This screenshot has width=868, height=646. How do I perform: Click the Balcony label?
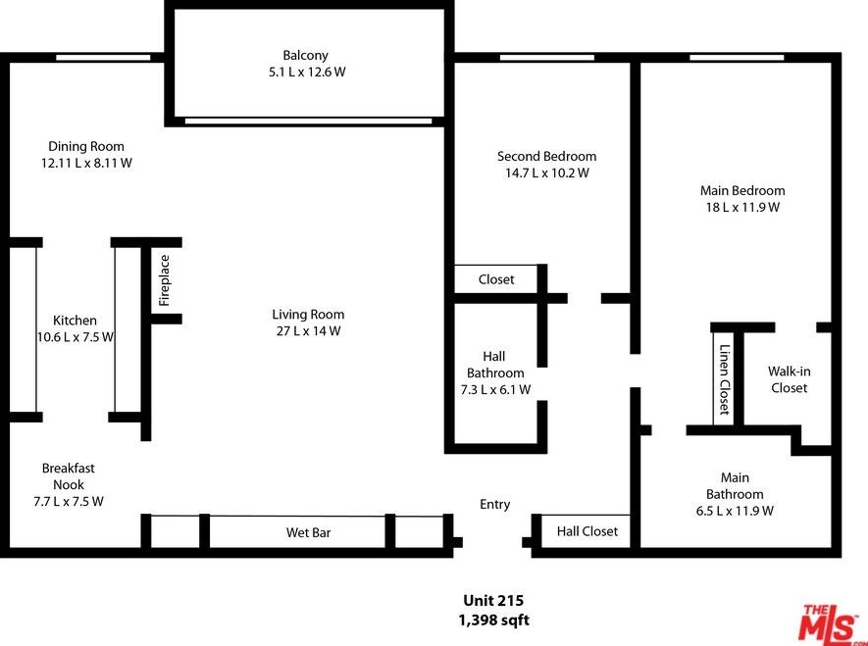pyautogui.click(x=306, y=55)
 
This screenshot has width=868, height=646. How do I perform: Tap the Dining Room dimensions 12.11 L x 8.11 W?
pyautogui.click(x=86, y=163)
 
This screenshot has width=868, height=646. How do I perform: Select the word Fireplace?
pyautogui.click(x=165, y=280)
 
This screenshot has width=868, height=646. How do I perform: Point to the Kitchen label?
pyautogui.click(x=75, y=321)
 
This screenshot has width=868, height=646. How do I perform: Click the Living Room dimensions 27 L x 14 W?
pyautogui.click(x=308, y=331)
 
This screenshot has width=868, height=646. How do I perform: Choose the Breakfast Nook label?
pyautogui.click(x=68, y=476)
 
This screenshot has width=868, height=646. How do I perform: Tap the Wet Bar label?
pyautogui.click(x=308, y=532)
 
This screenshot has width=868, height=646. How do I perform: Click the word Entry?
pyautogui.click(x=495, y=505)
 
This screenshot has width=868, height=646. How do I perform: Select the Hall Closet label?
pyautogui.click(x=587, y=531)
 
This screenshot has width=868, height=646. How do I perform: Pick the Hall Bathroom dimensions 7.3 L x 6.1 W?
pyautogui.click(x=495, y=390)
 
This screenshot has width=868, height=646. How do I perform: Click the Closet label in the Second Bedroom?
pyautogui.click(x=496, y=279)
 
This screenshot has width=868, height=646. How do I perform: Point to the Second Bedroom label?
pyautogui.click(x=547, y=157)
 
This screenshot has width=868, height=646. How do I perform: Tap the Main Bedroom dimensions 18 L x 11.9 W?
pyautogui.click(x=742, y=208)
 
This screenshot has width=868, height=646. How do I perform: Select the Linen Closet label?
pyautogui.click(x=724, y=379)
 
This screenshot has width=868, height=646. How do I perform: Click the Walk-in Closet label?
pyautogui.click(x=789, y=379)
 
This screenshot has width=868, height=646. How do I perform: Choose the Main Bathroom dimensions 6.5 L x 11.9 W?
pyautogui.click(x=735, y=511)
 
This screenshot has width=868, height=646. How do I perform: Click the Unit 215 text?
pyautogui.click(x=493, y=601)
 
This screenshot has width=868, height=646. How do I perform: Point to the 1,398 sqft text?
pyautogui.click(x=493, y=620)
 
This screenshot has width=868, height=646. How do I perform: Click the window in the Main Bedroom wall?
pyautogui.click(x=737, y=58)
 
